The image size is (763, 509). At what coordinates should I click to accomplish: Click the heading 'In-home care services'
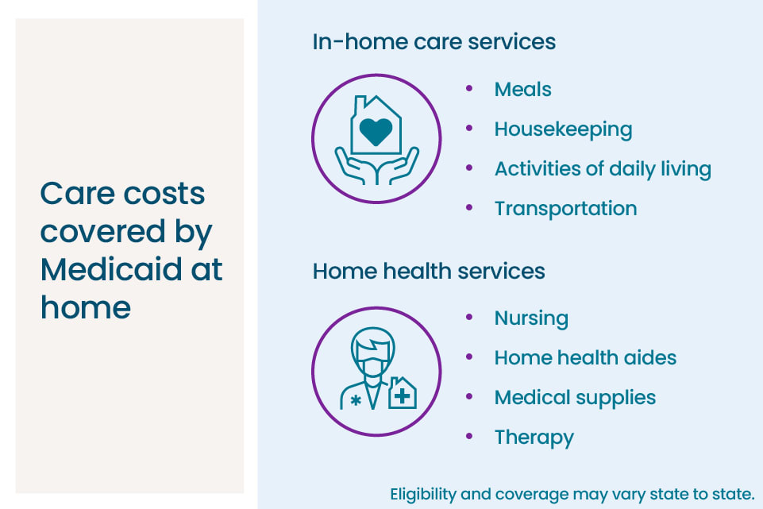434,42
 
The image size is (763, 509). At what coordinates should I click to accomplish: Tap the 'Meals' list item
522,90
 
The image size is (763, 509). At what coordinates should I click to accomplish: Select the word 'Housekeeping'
563,130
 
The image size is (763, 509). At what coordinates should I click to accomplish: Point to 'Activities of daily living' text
603,169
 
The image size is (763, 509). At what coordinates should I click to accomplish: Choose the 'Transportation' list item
565,209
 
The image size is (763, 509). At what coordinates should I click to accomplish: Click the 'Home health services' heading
428,271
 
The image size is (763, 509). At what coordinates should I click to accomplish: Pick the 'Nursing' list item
531,318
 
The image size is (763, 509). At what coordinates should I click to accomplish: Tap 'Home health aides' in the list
585,357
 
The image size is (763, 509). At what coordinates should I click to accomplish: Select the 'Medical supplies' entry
575,398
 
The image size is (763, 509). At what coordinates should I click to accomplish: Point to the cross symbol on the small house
402,396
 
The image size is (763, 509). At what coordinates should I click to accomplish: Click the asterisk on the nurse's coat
356,400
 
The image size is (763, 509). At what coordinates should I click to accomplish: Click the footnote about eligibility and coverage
572,495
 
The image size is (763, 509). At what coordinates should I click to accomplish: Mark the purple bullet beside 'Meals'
469,88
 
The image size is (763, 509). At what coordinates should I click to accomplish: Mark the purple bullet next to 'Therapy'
469,436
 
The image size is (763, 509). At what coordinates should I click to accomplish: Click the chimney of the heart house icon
360,105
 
